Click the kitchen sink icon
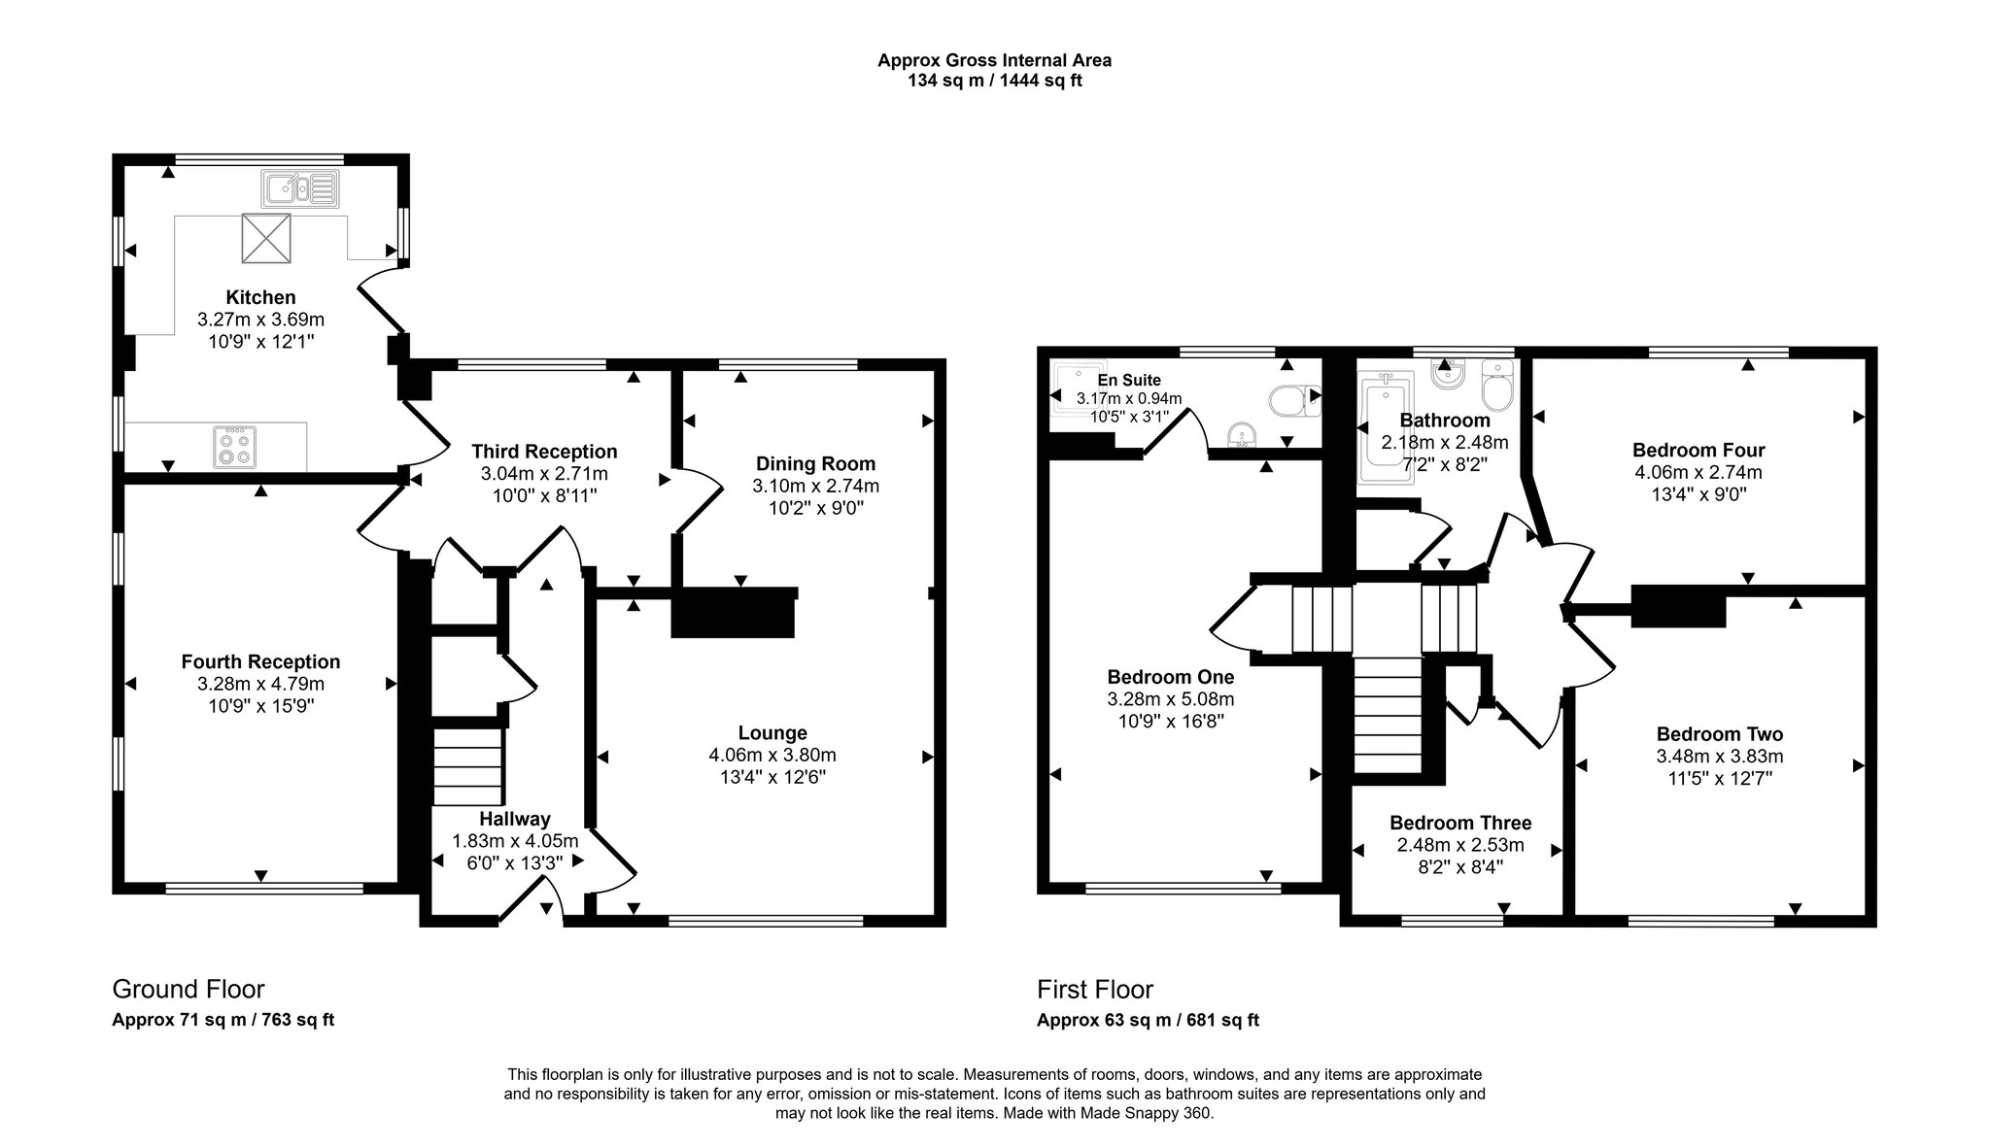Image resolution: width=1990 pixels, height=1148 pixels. (x=298, y=188)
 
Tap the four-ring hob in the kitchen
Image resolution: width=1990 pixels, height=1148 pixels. (x=233, y=447)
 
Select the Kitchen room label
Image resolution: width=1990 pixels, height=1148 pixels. (x=260, y=297)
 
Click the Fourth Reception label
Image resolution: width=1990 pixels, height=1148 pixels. (x=260, y=661)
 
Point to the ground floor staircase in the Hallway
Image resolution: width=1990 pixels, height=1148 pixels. (x=467, y=767)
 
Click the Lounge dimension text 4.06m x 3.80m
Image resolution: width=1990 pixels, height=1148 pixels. (x=772, y=755)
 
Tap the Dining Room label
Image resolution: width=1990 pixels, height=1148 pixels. (x=815, y=463)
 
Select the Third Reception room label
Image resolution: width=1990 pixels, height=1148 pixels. (x=544, y=451)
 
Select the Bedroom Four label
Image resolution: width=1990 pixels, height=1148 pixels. (x=1698, y=450)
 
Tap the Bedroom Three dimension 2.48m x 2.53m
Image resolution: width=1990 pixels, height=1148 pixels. (x=1459, y=845)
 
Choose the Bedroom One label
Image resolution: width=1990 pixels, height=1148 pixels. (x=1170, y=676)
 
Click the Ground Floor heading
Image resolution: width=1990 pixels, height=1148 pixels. (x=189, y=989)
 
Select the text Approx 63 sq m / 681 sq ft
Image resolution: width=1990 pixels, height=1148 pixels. (x=1148, y=1020)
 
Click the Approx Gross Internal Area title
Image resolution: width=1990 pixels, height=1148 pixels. (x=994, y=60)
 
